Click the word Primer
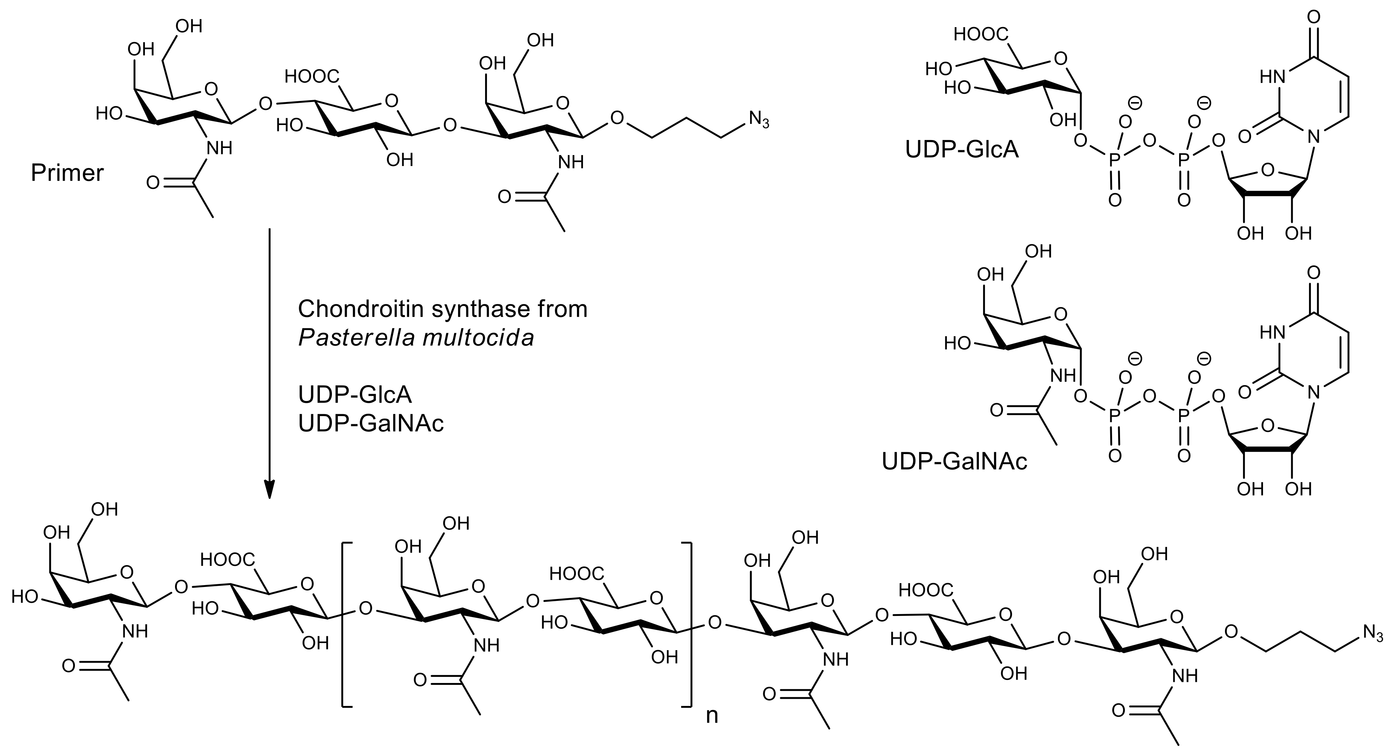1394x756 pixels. (67, 173)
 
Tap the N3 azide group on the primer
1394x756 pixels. (759, 120)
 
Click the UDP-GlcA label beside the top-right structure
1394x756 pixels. (962, 149)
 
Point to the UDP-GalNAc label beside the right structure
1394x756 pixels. (954, 462)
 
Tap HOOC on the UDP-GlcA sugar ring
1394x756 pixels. (980, 35)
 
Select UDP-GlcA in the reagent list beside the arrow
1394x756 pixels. (355, 395)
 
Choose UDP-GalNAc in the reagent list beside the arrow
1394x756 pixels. (371, 424)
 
